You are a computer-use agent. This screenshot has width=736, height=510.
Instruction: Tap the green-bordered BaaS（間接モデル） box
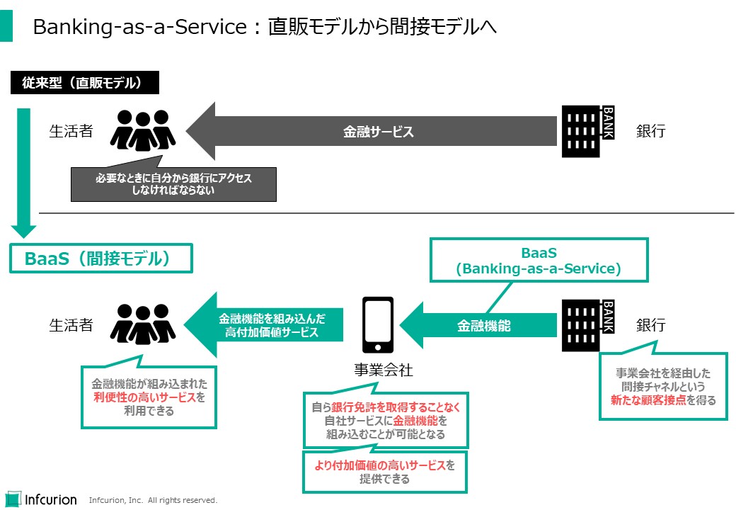pos(100,259)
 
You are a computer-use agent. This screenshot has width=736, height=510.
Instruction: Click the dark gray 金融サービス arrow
pos(375,131)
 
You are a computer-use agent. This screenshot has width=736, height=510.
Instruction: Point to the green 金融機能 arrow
pos(481,326)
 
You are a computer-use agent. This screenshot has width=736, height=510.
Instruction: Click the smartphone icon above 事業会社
pos(378,324)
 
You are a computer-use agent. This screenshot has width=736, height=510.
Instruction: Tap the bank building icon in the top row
pos(587,131)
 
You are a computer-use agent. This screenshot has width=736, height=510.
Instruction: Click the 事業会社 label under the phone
pos(384,370)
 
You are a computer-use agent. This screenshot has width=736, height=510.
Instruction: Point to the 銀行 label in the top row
pos(650,131)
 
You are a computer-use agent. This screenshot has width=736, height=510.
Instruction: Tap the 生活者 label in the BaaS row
pos(71,326)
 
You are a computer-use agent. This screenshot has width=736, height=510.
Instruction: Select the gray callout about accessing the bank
pos(173,184)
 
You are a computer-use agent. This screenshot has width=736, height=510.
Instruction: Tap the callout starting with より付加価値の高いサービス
pos(384,472)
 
